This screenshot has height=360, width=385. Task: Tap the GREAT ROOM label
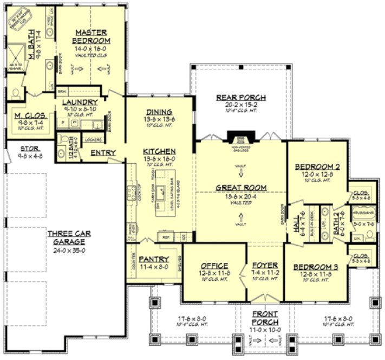tap(241, 188)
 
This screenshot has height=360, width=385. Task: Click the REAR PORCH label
tap(241, 98)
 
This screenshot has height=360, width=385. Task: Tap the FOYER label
tap(265, 266)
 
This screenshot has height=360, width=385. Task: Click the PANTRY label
tap(154, 259)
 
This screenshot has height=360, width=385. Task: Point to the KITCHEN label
tap(159, 151)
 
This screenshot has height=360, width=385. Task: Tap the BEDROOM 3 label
tap(316, 267)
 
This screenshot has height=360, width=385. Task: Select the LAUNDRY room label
tap(80, 102)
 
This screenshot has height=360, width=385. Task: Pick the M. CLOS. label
tap(29, 115)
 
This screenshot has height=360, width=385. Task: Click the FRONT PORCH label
tap(265, 318)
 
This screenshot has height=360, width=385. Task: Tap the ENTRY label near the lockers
tap(102, 153)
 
